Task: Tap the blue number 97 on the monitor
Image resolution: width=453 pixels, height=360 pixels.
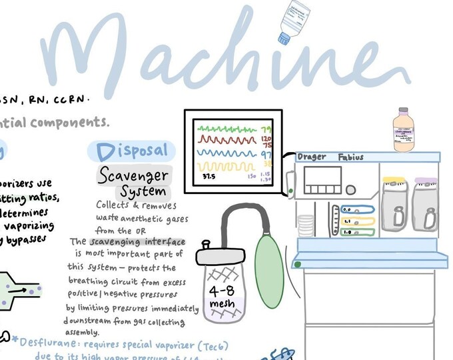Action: [266, 154]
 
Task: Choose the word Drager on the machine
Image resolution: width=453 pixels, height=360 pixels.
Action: [312, 157]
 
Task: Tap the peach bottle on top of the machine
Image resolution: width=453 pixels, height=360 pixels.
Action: [403, 130]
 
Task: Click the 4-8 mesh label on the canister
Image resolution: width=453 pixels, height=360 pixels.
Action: [221, 298]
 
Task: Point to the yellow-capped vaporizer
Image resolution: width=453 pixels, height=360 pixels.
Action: [397, 203]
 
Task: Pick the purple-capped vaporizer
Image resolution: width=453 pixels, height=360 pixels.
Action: [426, 203]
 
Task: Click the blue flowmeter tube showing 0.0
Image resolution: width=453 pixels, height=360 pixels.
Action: [356, 209]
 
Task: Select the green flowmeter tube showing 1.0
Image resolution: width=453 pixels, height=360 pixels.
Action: [356, 232]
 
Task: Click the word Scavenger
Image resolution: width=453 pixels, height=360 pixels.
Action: [133, 175]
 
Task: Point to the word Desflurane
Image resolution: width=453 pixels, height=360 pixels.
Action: [50, 343]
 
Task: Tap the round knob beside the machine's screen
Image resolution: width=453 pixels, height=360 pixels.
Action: [291, 192]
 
